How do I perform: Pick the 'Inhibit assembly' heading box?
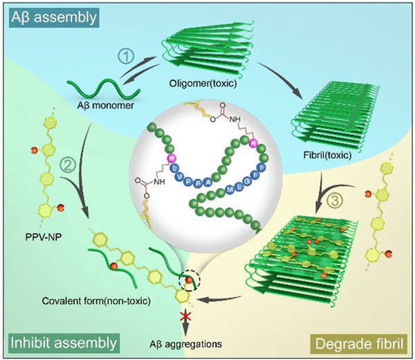62,342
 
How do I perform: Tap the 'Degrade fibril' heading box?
360,342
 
